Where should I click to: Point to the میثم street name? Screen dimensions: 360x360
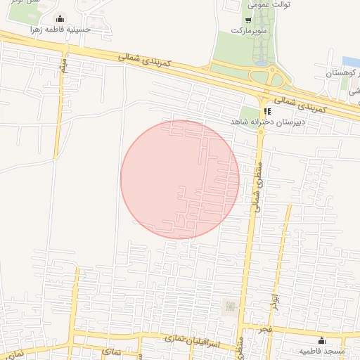64,66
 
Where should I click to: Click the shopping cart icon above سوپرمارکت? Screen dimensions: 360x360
248,21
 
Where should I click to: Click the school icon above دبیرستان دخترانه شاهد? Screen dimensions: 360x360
266,111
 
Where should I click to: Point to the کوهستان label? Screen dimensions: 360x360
342,73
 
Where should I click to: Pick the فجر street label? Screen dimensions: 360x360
264,329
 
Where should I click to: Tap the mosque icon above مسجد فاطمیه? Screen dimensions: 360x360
321,340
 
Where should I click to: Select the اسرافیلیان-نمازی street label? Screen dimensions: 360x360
186,340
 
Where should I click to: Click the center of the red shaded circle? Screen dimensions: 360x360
180,179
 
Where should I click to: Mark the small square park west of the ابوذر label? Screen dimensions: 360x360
230,306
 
